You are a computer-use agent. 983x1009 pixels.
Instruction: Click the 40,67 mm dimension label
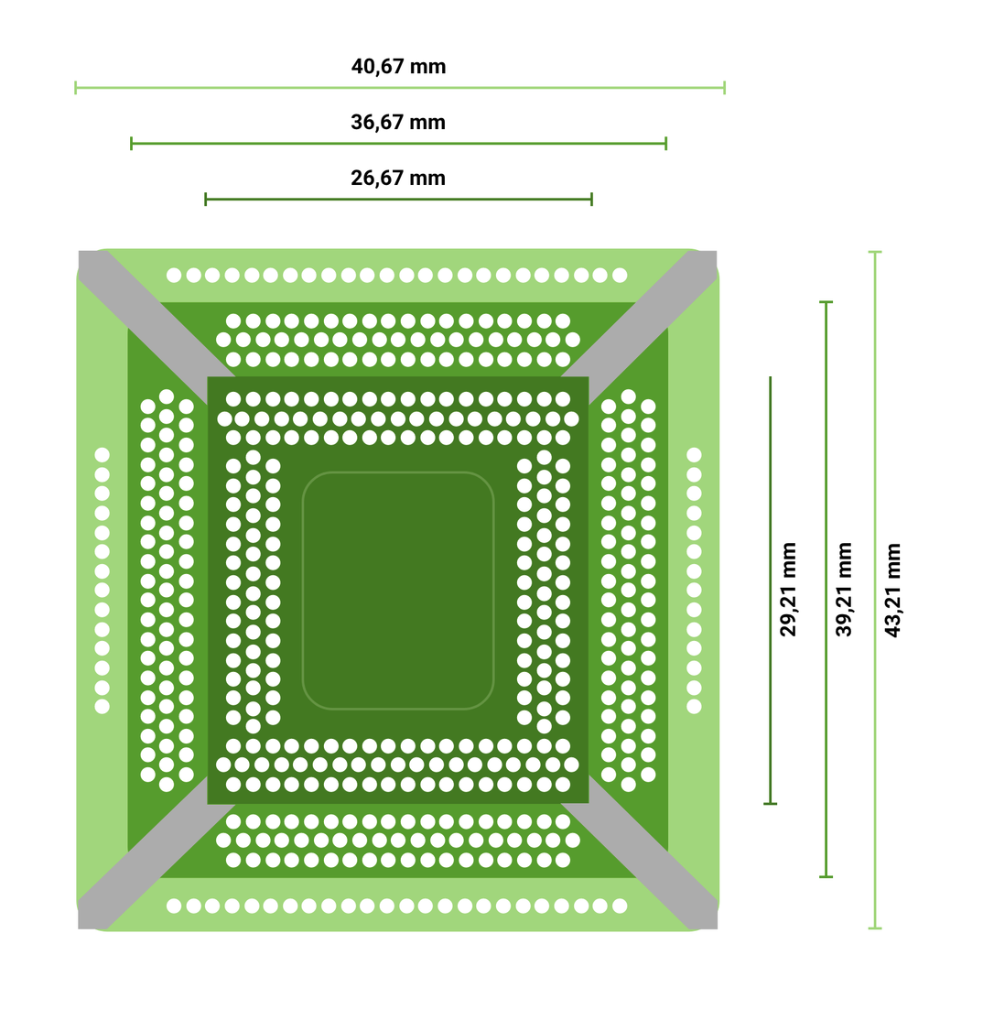coord(398,66)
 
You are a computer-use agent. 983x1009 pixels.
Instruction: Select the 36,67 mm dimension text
coord(398,122)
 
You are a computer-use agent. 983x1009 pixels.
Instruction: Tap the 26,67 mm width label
coord(398,178)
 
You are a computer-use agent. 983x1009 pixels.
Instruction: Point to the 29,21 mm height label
coord(788,590)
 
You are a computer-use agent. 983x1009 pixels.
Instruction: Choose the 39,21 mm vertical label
coord(843,590)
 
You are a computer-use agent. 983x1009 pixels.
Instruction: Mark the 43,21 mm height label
coord(893,590)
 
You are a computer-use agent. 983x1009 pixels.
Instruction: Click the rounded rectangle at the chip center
coord(398,591)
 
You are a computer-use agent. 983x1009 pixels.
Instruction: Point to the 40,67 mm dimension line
coord(400,88)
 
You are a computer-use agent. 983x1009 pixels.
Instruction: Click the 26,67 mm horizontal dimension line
coord(398,199)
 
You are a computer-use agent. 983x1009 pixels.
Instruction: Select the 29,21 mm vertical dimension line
coord(770,590)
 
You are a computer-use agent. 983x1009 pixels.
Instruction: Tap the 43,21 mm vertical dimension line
coord(875,590)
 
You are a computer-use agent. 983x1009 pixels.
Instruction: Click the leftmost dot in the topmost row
coord(174,276)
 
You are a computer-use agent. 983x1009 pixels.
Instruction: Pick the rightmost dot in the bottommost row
coord(620,906)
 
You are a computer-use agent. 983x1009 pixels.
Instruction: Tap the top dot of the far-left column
coord(103,455)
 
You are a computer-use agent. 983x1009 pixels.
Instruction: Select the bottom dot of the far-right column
coord(694,707)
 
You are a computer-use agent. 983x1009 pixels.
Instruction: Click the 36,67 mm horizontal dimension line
coord(398,143)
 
